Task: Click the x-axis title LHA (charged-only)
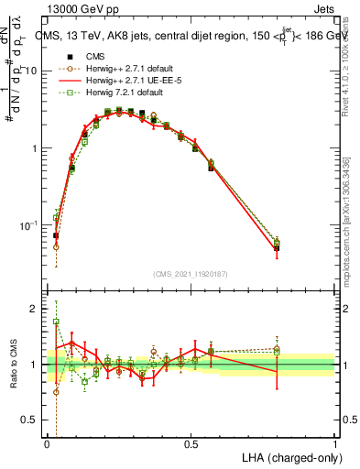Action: point(289,456)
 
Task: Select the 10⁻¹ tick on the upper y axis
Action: point(29,225)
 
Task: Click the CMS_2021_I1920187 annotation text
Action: point(191,273)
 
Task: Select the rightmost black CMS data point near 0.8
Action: point(277,247)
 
